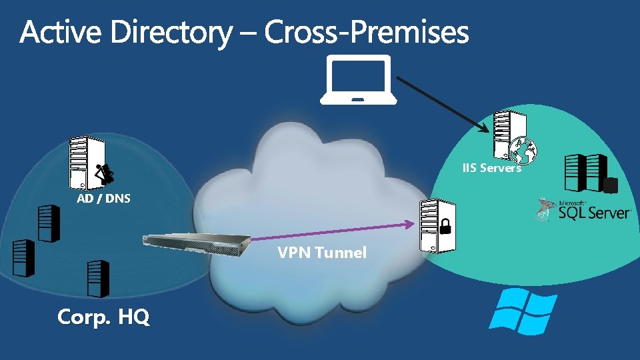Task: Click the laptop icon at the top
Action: pyautogui.click(x=358, y=81)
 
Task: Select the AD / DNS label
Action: pyautogui.click(x=103, y=198)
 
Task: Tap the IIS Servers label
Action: pyautogui.click(x=492, y=168)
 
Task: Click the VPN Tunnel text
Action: pyautogui.click(x=322, y=253)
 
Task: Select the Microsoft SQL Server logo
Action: pyautogui.click(x=583, y=209)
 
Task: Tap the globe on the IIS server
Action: pyautogui.click(x=525, y=151)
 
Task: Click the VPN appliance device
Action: pyautogui.click(x=197, y=243)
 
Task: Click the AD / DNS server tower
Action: pyautogui.click(x=79, y=163)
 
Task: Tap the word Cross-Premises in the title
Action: pyautogui.click(x=366, y=33)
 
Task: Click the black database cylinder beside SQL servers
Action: pyautogui.click(x=609, y=185)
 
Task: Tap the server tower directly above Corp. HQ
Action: pyautogui.click(x=97, y=278)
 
